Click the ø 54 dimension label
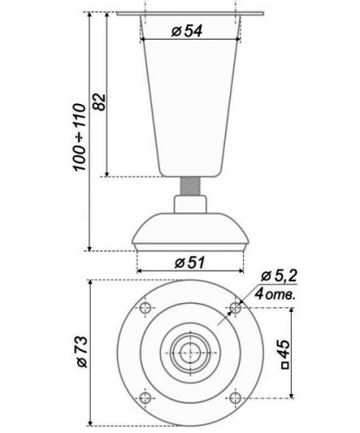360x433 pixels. pos(186,31)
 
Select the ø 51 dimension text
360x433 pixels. pos(190,262)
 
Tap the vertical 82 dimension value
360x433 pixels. pos(100,101)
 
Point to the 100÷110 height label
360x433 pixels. pos(80,137)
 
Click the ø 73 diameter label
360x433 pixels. pos(81,352)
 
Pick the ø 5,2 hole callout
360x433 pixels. pos(279,276)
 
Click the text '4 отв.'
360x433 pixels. pos(275,294)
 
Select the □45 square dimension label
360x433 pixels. pos(285,354)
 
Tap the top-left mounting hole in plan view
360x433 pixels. pos(145,307)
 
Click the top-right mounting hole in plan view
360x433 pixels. pos(235,307)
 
